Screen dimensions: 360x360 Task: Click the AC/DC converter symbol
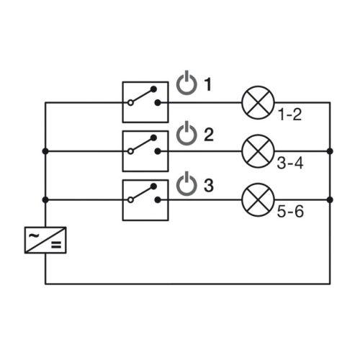click(x=45, y=240)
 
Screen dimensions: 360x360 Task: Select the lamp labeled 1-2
click(x=258, y=102)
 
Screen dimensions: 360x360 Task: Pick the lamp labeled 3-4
click(x=258, y=151)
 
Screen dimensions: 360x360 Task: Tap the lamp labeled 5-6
click(x=258, y=199)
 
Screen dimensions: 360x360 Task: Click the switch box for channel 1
click(x=145, y=102)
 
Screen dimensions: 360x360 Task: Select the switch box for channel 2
click(x=145, y=151)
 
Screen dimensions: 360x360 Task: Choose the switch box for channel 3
click(x=145, y=200)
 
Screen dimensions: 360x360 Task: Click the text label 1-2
click(x=289, y=114)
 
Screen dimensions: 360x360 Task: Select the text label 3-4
click(x=290, y=163)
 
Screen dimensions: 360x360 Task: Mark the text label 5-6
click(x=290, y=212)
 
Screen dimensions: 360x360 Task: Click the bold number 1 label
click(x=207, y=84)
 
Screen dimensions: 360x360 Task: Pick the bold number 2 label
click(x=209, y=135)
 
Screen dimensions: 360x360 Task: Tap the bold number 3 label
click(x=209, y=185)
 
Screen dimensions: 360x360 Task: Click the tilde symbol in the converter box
click(x=34, y=235)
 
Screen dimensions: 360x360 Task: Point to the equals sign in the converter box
click(x=56, y=245)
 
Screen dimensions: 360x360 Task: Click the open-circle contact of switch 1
click(x=130, y=103)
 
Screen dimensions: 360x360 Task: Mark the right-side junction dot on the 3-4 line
click(x=330, y=151)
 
